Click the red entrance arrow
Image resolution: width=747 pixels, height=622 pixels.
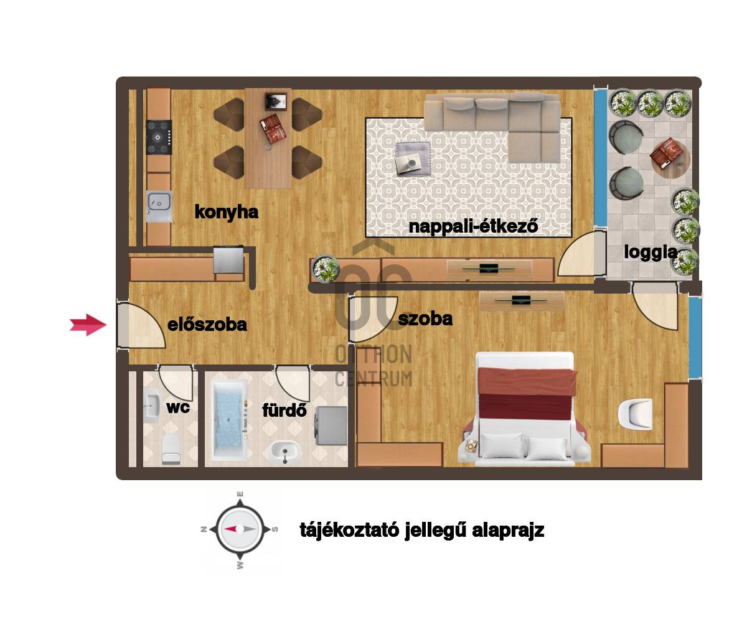pyautogui.click(x=88, y=325)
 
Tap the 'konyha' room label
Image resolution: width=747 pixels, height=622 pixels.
pyautogui.click(x=226, y=212)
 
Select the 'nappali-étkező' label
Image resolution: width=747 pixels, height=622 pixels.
pyautogui.click(x=473, y=226)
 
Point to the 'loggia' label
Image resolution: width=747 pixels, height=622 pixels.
pyautogui.click(x=651, y=253)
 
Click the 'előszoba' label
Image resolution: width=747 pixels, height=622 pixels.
pyautogui.click(x=207, y=325)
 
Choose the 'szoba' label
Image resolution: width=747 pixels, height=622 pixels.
pyautogui.click(x=425, y=318)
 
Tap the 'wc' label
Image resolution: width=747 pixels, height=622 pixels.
pyautogui.click(x=178, y=407)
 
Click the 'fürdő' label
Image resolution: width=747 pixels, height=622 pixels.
pyautogui.click(x=284, y=410)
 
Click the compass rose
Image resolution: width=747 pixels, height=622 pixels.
pyautogui.click(x=240, y=529)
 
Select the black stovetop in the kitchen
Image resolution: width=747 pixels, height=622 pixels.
pyautogui.click(x=159, y=137)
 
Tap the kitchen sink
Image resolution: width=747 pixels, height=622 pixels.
pyautogui.click(x=159, y=207)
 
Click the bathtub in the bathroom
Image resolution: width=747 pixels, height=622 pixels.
pyautogui.click(x=229, y=420)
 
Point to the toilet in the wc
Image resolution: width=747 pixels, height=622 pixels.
pyautogui.click(x=171, y=448)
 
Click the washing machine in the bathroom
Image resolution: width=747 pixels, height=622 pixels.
pyautogui.click(x=331, y=425)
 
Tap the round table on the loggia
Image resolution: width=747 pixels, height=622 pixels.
pyautogui.click(x=670, y=159)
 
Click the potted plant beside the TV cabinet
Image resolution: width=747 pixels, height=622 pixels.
pyautogui.click(x=325, y=268)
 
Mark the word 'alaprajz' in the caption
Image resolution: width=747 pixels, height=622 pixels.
pyautogui.click(x=508, y=531)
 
